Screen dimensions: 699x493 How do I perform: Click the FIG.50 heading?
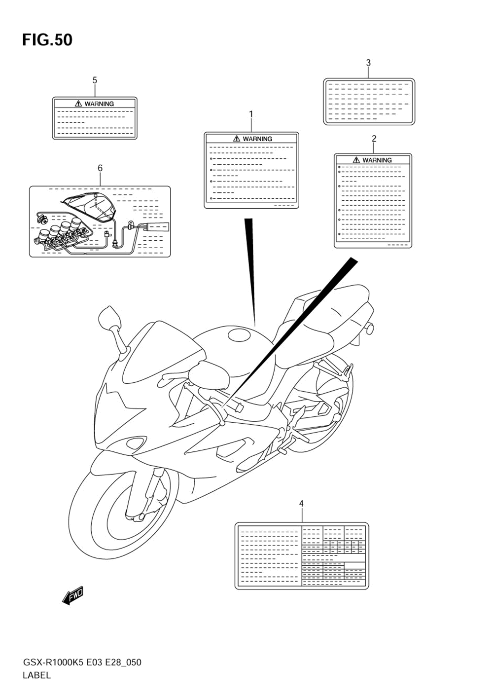[47, 40]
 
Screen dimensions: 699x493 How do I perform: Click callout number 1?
[250, 114]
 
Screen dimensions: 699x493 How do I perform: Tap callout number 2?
[374, 139]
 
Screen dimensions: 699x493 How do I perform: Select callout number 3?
[368, 63]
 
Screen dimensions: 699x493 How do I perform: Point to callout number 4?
[301, 503]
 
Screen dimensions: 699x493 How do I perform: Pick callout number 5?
[95, 80]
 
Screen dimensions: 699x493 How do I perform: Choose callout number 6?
[100, 168]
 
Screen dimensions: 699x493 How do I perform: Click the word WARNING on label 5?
[99, 104]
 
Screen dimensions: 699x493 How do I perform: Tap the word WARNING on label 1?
[257, 139]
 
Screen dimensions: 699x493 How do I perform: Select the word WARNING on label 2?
[377, 160]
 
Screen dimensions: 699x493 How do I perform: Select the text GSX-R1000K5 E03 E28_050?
[82, 662]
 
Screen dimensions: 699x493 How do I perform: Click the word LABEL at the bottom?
[36, 676]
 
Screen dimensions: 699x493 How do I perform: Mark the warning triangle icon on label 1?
[237, 139]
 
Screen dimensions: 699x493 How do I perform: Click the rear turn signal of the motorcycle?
[370, 328]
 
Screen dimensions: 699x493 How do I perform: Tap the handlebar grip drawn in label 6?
[157, 227]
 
